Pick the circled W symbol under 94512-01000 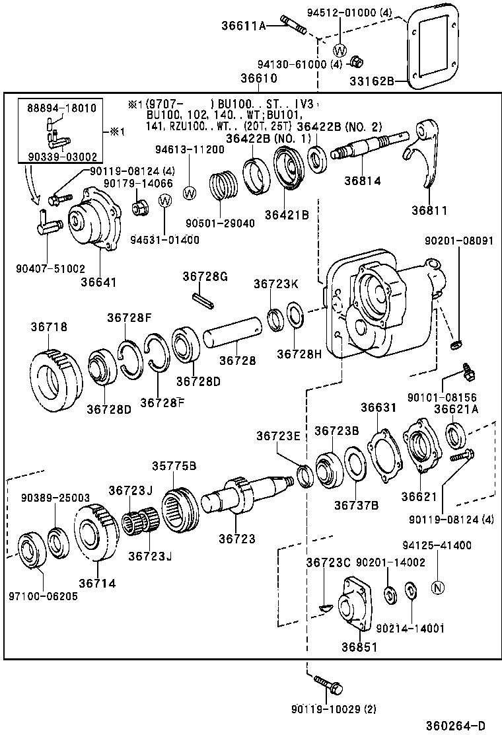340,50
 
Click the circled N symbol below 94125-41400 437,586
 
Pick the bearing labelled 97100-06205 30,549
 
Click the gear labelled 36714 95,531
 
